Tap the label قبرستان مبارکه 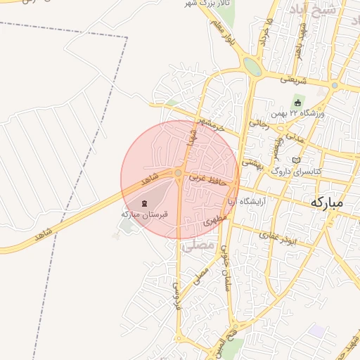(144, 214)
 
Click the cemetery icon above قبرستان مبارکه (145, 203)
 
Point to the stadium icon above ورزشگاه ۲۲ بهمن (297, 103)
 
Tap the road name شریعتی (294, 79)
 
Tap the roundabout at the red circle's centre (179, 173)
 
